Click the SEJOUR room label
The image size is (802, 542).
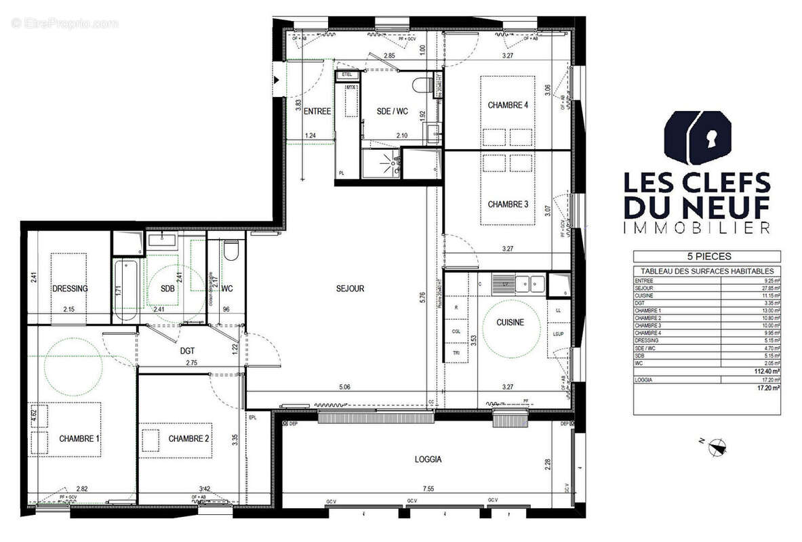pos(350,289)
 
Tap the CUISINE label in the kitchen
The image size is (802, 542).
pos(509,322)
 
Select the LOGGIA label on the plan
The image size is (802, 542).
pos(428,459)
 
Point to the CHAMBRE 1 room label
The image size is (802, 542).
pos(79,438)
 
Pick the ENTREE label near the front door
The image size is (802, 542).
pos(317,112)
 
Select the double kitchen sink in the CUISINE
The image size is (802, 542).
pos(530,280)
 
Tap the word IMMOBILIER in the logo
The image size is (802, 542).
pos(697,228)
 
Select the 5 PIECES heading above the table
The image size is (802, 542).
pos(706,257)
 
